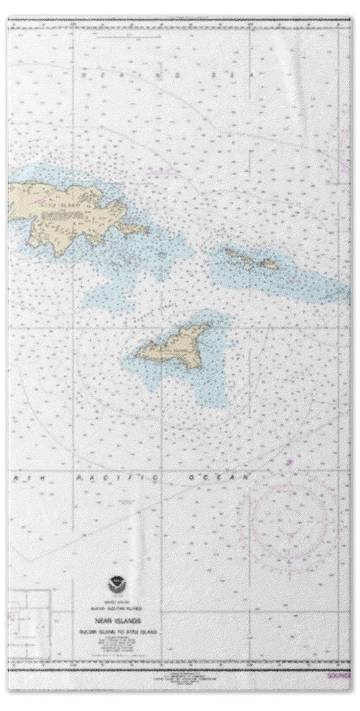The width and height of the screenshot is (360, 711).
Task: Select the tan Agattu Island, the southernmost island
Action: click(x=172, y=345)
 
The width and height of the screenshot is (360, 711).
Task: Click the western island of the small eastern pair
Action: click(x=236, y=254)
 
